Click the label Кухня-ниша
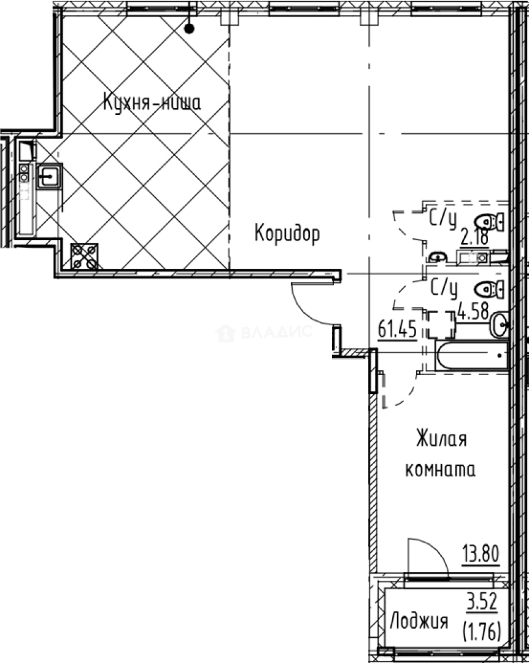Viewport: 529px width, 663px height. click(x=152, y=103)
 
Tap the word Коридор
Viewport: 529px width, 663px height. click(x=287, y=233)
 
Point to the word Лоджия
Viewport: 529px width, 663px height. click(x=419, y=622)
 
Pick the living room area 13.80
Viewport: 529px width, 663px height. click(x=481, y=555)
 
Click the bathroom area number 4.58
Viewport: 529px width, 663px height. click(x=473, y=311)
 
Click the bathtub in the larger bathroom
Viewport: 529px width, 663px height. click(x=471, y=355)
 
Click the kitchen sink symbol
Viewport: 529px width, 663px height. click(x=48, y=176)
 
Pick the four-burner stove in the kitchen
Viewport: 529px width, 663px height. click(x=84, y=256)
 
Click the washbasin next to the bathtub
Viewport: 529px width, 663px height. click(x=498, y=324)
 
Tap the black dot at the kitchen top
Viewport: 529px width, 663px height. click(x=190, y=28)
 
